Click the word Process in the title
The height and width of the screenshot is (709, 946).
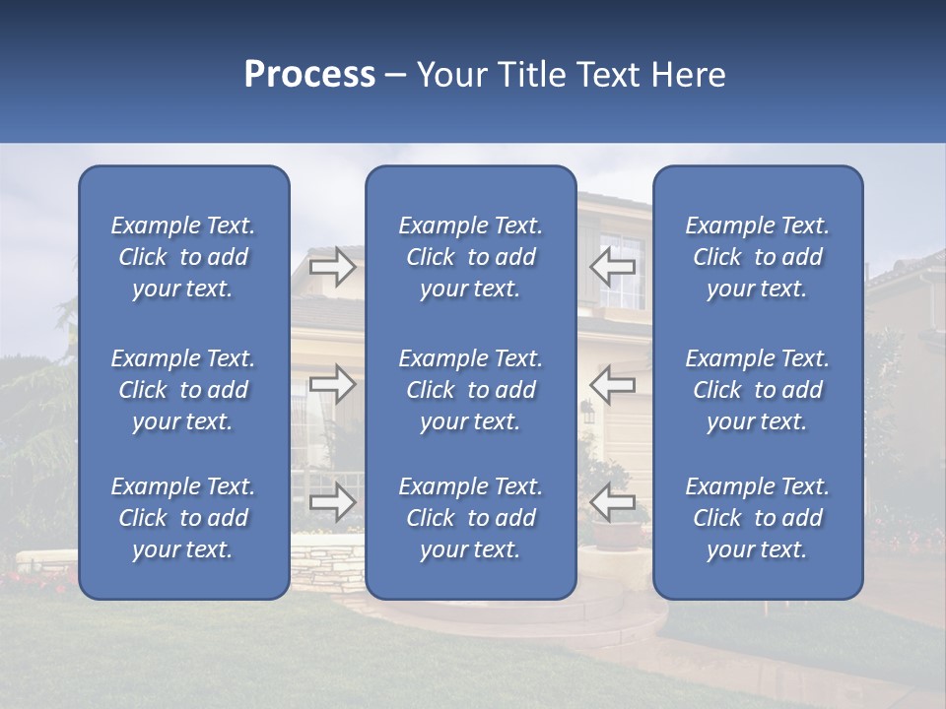click(x=309, y=75)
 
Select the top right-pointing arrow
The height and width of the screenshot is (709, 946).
click(x=332, y=266)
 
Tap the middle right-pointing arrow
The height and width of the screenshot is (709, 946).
click(x=332, y=384)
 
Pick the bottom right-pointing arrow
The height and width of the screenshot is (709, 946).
click(x=332, y=502)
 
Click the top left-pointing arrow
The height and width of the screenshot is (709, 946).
click(x=613, y=266)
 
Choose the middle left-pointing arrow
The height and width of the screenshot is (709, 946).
click(x=613, y=384)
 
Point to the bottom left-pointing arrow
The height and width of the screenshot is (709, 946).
click(x=613, y=502)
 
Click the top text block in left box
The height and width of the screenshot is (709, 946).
click(x=183, y=257)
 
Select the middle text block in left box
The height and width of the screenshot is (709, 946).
click(x=183, y=390)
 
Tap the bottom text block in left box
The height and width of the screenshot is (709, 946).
click(x=183, y=518)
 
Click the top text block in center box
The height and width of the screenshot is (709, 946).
click(x=470, y=257)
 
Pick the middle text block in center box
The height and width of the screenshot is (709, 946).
click(x=470, y=390)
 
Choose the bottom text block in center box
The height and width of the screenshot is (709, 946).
click(x=470, y=518)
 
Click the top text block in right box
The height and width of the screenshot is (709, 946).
click(x=757, y=257)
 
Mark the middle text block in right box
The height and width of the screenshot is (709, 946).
click(x=757, y=390)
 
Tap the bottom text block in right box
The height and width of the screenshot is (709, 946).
click(x=757, y=518)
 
